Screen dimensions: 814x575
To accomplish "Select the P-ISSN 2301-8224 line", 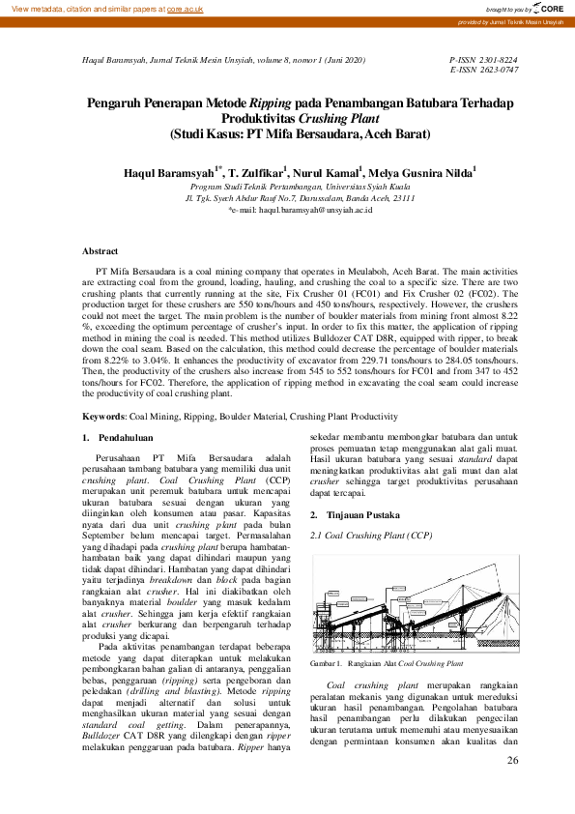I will (x=484, y=60).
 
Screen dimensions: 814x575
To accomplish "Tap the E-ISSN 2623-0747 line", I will (x=484, y=71).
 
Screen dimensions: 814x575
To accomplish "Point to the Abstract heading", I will (x=100, y=250).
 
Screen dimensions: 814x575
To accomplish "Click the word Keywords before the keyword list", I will (x=102, y=417).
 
